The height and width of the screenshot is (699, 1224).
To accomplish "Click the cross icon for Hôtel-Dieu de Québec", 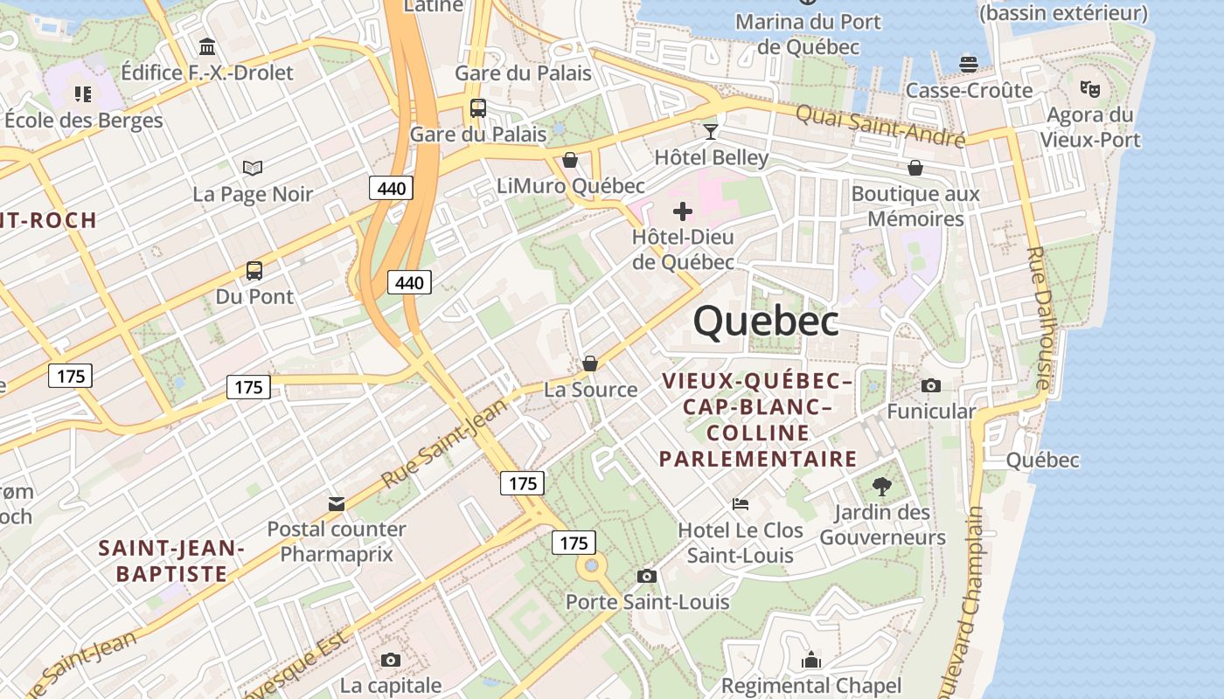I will pyautogui.click(x=683, y=211).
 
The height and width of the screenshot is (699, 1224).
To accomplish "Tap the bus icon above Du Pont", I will pyautogui.click(x=254, y=271).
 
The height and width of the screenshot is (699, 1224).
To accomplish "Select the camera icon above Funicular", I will pyautogui.click(x=931, y=385).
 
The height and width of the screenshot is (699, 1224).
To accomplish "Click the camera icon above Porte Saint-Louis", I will pyautogui.click(x=647, y=576).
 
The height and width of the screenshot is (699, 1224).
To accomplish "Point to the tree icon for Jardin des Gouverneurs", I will pyautogui.click(x=882, y=486).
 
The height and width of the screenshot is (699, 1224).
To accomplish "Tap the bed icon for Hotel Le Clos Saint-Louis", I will pyautogui.click(x=741, y=504).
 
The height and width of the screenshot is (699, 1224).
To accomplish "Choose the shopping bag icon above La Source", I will pyautogui.click(x=590, y=363).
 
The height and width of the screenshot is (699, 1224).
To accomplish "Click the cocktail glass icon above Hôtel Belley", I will pyautogui.click(x=711, y=132).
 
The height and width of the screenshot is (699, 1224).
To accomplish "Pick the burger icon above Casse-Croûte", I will pyautogui.click(x=968, y=64).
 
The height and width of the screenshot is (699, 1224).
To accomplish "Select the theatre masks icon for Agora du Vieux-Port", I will pyautogui.click(x=1089, y=88).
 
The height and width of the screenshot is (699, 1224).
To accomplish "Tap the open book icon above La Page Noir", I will pyautogui.click(x=253, y=168).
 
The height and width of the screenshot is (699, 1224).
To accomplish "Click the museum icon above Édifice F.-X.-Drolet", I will pyautogui.click(x=207, y=46).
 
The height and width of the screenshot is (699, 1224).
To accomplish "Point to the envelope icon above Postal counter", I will pyautogui.click(x=337, y=503).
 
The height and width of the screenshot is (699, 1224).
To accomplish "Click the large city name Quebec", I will pyautogui.click(x=766, y=322).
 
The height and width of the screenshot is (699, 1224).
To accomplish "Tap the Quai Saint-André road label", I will pyautogui.click(x=880, y=126).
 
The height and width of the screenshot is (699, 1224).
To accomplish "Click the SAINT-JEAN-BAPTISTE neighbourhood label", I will pyautogui.click(x=171, y=561).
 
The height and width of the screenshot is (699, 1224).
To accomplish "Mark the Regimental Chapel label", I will pyautogui.click(x=810, y=686).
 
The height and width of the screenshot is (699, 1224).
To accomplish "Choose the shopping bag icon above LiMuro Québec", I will pyautogui.click(x=570, y=160).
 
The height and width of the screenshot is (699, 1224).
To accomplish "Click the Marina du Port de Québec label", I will pyautogui.click(x=809, y=34).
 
